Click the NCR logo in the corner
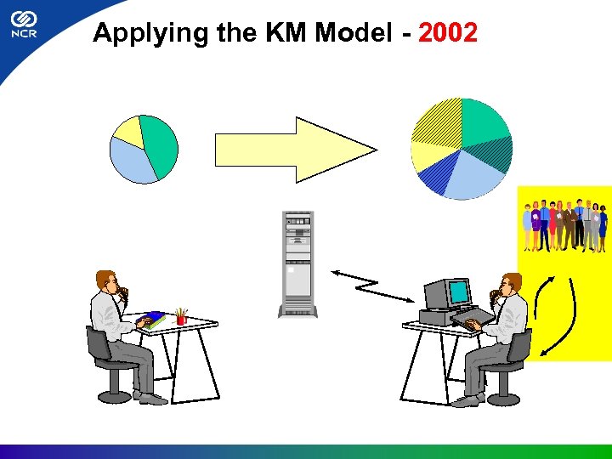point(24,25)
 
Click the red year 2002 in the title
point(448,33)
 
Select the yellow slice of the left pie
point(128,131)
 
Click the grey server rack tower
point(297,264)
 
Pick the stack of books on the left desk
point(153,319)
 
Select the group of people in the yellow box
point(564,225)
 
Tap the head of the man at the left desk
point(107,282)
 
